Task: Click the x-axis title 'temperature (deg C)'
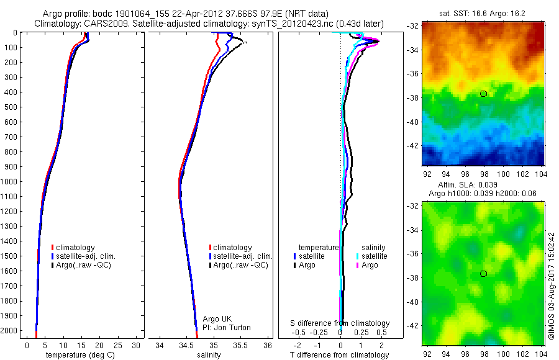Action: [78, 355]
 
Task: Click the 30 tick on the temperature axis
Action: [136, 345]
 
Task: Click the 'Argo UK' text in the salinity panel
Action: [217, 319]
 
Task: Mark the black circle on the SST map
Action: [483, 94]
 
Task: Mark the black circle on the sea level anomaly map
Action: [483, 274]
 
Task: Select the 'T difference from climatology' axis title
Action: [340, 355]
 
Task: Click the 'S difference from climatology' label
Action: [340, 323]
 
